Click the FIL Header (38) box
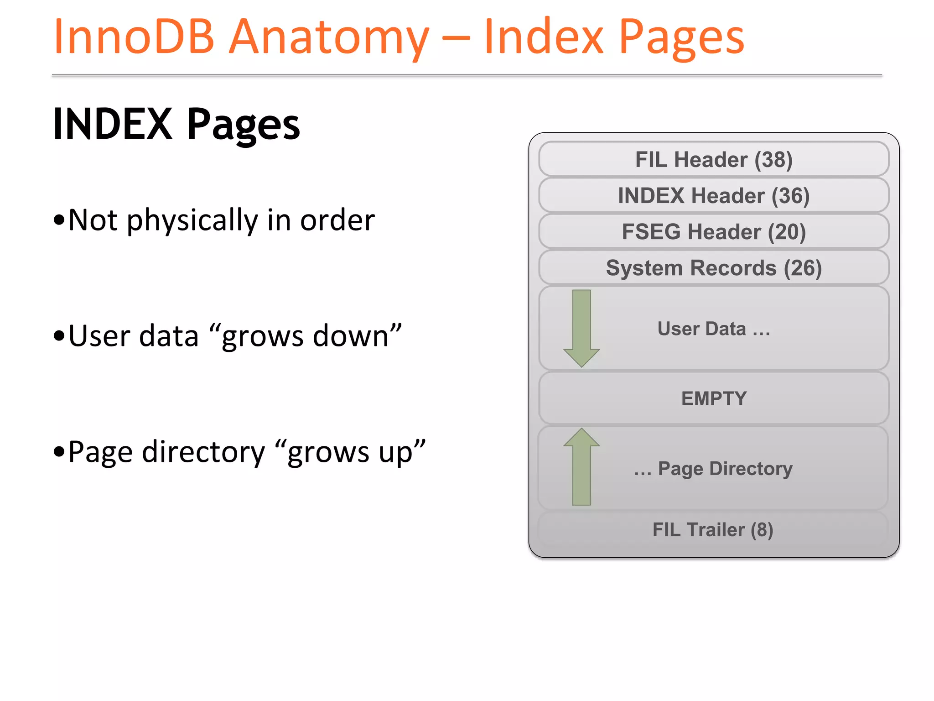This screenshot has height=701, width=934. pos(714,159)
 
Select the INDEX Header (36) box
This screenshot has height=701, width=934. pos(714,195)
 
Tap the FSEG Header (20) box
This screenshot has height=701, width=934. pos(714,231)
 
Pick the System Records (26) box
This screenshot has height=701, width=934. pos(714,267)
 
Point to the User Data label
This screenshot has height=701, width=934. pos(714,329)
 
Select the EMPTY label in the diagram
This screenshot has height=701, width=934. pos(714,398)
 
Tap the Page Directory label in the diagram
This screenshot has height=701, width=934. pos(725,469)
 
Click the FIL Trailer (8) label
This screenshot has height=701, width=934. pos(713,530)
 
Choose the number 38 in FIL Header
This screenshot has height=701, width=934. pos(773,159)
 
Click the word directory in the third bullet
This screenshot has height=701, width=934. pos(203,452)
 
